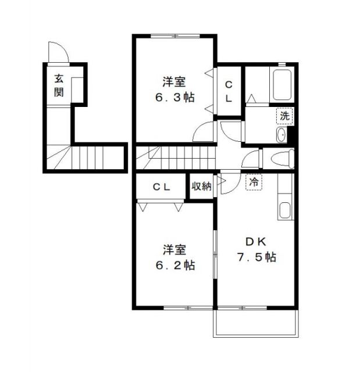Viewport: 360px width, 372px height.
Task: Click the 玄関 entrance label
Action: (x=59, y=85)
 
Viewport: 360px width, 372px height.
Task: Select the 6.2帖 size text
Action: (x=174, y=266)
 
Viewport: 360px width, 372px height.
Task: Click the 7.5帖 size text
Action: (x=256, y=257)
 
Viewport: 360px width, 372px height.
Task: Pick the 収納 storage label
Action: (x=202, y=187)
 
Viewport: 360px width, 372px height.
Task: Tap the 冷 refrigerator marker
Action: (x=254, y=182)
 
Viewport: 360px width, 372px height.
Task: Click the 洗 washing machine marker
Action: (x=284, y=116)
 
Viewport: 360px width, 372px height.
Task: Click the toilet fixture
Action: (x=281, y=158)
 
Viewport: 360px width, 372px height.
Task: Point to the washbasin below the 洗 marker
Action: (x=282, y=135)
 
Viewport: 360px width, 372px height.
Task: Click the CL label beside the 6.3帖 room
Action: (x=229, y=91)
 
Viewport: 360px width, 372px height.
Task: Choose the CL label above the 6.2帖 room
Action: (x=161, y=187)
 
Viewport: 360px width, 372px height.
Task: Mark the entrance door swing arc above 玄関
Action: (x=59, y=52)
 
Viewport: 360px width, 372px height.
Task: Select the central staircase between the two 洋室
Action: (x=174, y=158)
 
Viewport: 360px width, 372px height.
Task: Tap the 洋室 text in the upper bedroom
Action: (x=174, y=82)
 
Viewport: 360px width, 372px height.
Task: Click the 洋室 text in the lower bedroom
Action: (x=174, y=251)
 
